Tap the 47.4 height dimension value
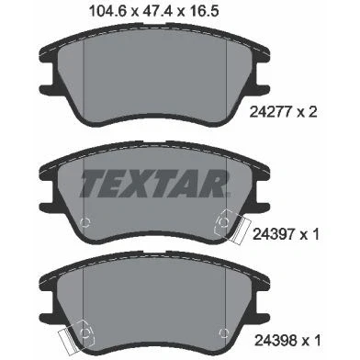pyautogui.click(x=157, y=11)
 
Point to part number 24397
pyautogui.click(x=274, y=235)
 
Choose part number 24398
pyautogui.click(x=276, y=341)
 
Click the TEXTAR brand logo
pyautogui.click(x=154, y=184)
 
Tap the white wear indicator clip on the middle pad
pyautogui.click(x=241, y=231)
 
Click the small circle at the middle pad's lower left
pyautogui.click(x=84, y=222)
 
